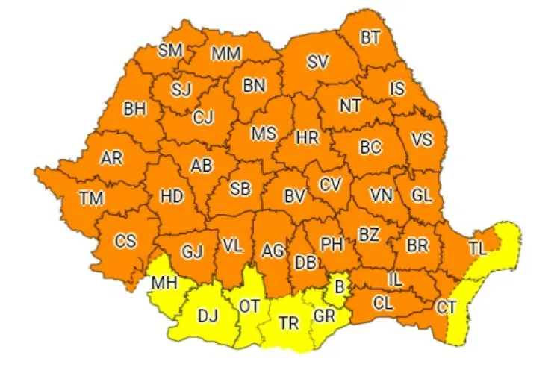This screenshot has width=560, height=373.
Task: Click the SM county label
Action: tap(170, 51)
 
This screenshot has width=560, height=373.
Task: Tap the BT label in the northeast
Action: tap(370, 37)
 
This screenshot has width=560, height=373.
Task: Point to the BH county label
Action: tap(134, 109)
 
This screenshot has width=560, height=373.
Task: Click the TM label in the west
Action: tap(92, 198)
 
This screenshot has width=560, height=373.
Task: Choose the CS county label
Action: tap(125, 240)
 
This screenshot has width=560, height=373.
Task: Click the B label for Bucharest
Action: tap(338, 283)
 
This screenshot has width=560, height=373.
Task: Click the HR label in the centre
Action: tap(307, 138)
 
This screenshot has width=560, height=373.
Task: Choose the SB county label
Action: tap(240, 189)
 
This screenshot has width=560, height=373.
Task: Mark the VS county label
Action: tap(422, 140)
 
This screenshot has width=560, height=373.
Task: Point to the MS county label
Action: tap(263, 134)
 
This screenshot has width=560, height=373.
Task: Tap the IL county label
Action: tap(396, 279)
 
